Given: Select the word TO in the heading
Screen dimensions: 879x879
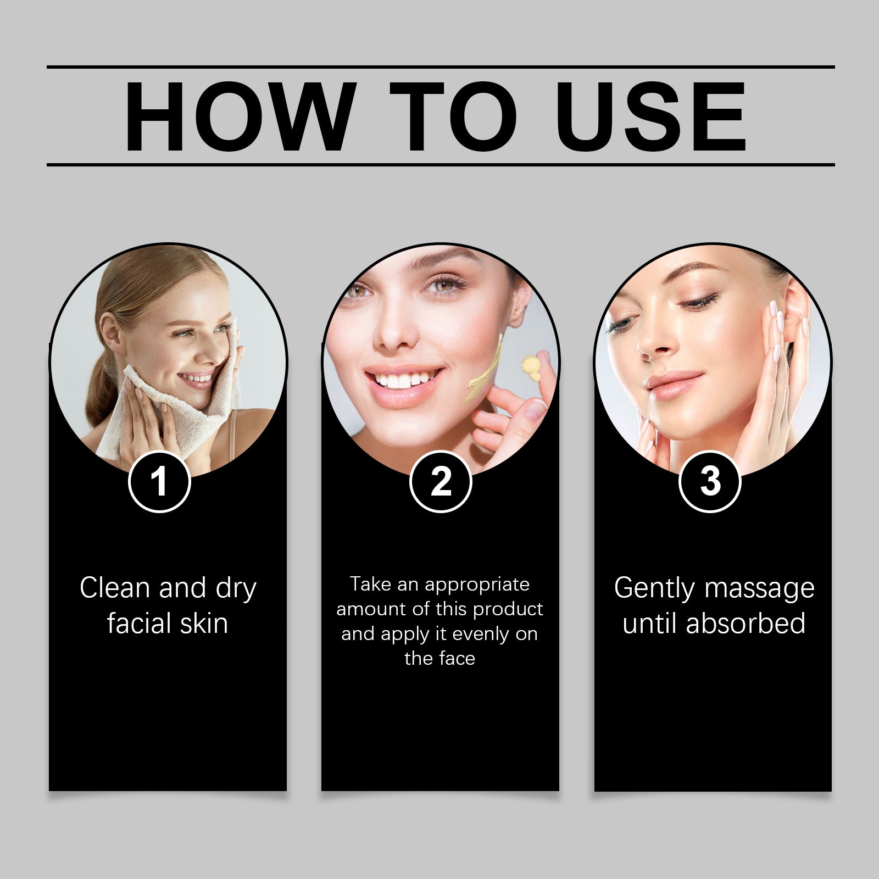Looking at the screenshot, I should click(x=453, y=117).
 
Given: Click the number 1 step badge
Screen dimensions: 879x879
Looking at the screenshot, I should click(x=159, y=482).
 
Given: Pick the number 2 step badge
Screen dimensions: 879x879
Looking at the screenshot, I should click(x=441, y=482).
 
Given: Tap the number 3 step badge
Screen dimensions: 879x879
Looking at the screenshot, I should click(x=710, y=482).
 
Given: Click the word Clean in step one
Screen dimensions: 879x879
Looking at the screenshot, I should click(x=114, y=588).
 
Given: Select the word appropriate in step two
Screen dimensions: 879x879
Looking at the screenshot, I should click(x=477, y=584).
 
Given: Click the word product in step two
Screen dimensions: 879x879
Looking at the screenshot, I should click(x=508, y=609).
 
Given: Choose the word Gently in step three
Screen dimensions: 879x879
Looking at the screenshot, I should click(x=654, y=588).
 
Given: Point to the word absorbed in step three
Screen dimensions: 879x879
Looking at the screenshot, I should click(x=746, y=624).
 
